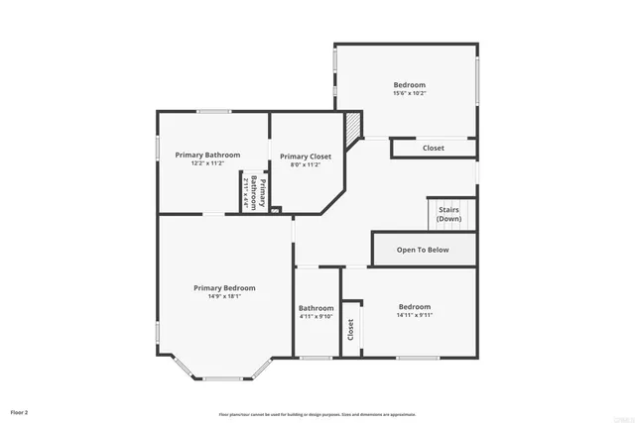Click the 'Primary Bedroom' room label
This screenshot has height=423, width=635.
[x=224, y=287]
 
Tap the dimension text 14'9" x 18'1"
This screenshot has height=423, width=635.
[x=224, y=296]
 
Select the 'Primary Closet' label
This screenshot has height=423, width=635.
[x=306, y=157]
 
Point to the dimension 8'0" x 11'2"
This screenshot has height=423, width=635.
[x=306, y=165]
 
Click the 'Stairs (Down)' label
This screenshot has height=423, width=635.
[x=448, y=215]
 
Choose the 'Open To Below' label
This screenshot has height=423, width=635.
[x=423, y=250]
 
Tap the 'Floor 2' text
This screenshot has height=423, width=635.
[x=20, y=411]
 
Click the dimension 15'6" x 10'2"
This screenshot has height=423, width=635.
[x=409, y=94]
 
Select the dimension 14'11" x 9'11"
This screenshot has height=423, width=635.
[x=415, y=315]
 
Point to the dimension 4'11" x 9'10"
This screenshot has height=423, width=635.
[x=317, y=317]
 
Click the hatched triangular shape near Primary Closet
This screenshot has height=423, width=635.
[x=353, y=125]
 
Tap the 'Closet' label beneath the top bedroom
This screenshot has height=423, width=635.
[x=434, y=148]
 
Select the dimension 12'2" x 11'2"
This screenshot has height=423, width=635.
[x=208, y=163]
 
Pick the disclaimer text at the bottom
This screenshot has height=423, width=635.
[x=317, y=415]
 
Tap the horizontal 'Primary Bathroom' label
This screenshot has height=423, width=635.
[x=208, y=155]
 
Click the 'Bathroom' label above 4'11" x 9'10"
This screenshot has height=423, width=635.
[x=317, y=308]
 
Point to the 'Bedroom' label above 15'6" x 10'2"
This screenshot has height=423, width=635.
[x=409, y=85]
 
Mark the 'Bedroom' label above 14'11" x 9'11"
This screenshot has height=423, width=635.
[x=415, y=306]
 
